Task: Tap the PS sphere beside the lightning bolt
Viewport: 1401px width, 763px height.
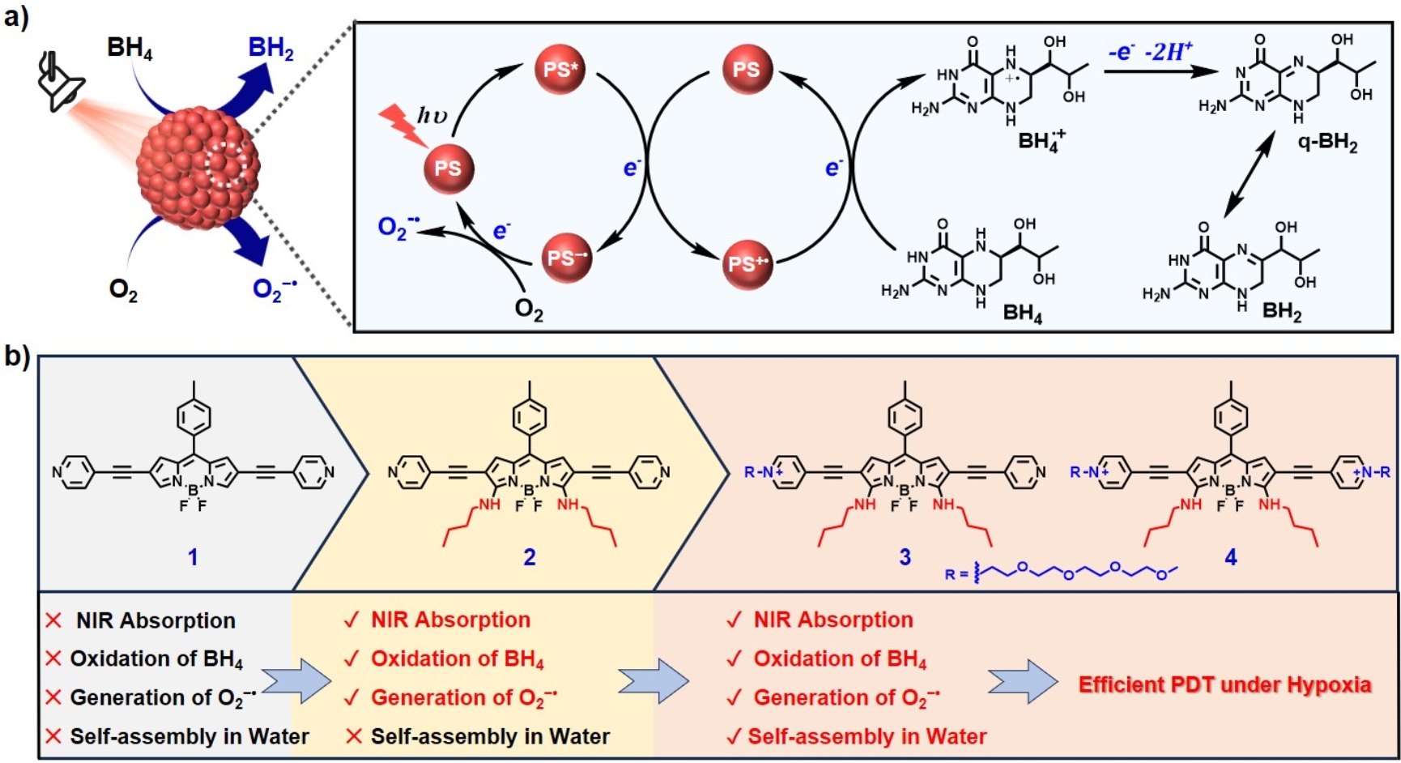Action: [448, 168]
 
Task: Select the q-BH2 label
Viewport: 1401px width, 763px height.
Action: [1327, 143]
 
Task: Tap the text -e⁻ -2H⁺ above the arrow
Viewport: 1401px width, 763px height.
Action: [1150, 53]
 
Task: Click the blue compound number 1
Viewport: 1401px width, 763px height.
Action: [193, 557]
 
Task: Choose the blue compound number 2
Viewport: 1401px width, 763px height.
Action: [530, 557]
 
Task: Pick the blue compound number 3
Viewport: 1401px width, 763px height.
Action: [905, 557]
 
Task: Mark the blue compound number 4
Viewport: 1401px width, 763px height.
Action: [1231, 557]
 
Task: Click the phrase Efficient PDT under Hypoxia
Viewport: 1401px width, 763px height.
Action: [1224, 685]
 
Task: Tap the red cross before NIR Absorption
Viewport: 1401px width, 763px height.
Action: [54, 620]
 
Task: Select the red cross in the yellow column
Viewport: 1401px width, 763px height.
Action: [353, 736]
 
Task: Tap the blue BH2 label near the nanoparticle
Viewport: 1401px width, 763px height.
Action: [270, 48]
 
